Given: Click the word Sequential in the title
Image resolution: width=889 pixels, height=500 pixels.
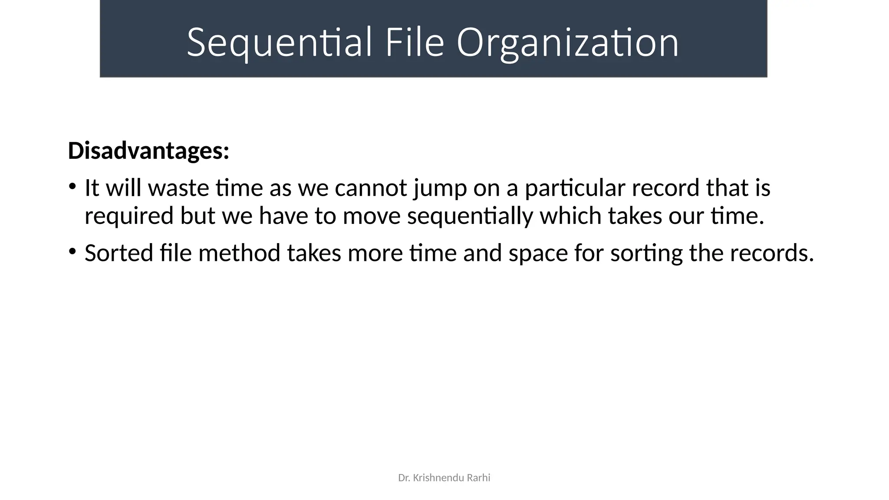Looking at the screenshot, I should pos(279,43).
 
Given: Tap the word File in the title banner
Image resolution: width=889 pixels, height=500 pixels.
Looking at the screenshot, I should pos(415,43).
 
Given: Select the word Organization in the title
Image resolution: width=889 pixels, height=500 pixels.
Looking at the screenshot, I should pos(567,43).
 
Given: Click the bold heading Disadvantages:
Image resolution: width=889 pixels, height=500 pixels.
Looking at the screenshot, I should pos(148,151).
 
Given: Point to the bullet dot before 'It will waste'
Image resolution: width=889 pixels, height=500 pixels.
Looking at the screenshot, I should pos(72,187).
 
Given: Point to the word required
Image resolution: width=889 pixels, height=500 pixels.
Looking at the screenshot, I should pos(129,216).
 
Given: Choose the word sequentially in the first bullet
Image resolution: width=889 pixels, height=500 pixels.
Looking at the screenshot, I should pos(470,216).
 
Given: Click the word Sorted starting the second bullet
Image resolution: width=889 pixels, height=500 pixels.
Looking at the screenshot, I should pos(119,253).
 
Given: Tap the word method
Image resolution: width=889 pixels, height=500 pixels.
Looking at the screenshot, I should pos(239,253).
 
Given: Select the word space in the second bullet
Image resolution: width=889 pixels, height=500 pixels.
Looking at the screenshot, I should pos(538,254).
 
